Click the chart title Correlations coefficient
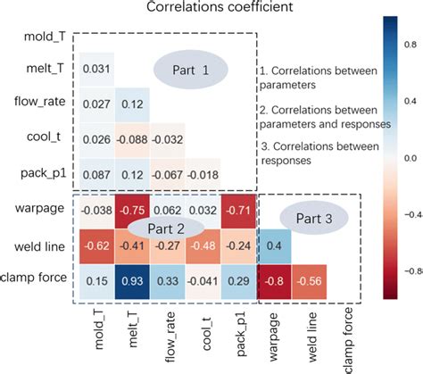click(211, 10)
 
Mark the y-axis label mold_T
click(44, 36)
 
